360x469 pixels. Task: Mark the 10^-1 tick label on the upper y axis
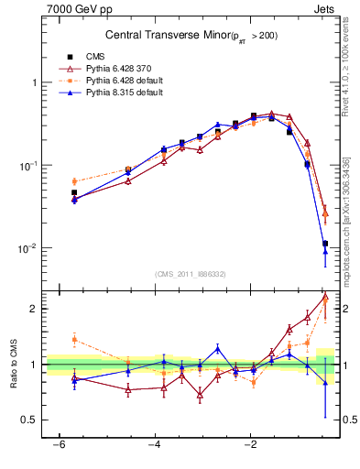click(29, 166)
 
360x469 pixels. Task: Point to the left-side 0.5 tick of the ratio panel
click(32, 420)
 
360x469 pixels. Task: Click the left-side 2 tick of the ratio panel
click(37, 309)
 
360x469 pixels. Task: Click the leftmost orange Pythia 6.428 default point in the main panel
click(74, 181)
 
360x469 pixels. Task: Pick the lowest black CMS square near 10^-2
click(325, 244)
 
